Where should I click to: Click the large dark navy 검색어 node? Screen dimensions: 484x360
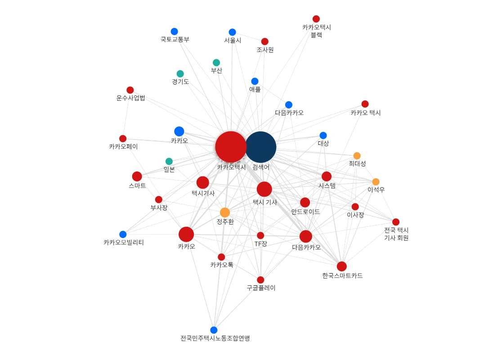(x=260, y=147)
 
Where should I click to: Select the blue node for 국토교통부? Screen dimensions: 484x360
(x=175, y=31)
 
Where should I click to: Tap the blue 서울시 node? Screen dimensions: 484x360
(x=232, y=32)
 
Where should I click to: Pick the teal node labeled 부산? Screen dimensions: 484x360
(x=216, y=63)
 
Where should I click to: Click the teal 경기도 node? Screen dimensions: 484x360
(x=180, y=74)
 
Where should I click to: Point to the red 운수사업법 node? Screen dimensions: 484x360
(x=130, y=90)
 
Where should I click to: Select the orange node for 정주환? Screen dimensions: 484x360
(x=225, y=212)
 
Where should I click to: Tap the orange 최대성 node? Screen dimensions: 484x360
(x=357, y=156)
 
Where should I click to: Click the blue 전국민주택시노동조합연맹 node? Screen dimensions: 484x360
(x=214, y=330)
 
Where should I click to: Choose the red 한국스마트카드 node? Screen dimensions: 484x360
(x=342, y=266)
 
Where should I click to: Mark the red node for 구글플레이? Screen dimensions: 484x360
(x=260, y=280)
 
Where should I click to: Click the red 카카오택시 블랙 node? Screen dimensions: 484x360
(x=316, y=19)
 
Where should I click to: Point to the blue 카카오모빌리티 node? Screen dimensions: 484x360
(x=123, y=234)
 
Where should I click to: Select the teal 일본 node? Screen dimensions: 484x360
(x=169, y=161)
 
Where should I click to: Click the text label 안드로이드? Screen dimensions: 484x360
(x=305, y=211)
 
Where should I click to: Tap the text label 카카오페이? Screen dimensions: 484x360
(x=123, y=147)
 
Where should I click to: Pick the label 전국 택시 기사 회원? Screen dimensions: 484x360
(x=396, y=234)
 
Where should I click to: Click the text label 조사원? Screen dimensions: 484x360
(x=265, y=50)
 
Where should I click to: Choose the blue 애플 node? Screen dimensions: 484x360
(x=255, y=81)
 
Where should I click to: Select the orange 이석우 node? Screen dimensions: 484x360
(x=376, y=182)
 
